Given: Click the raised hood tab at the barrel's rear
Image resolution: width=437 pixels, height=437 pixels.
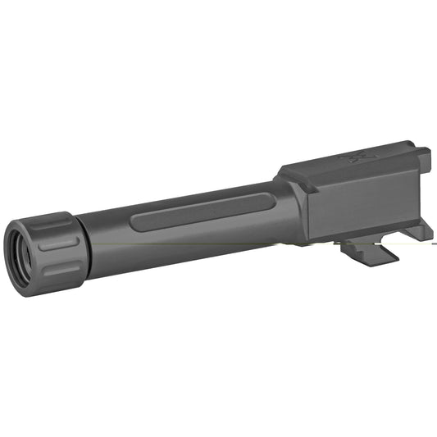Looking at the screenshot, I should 420,155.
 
